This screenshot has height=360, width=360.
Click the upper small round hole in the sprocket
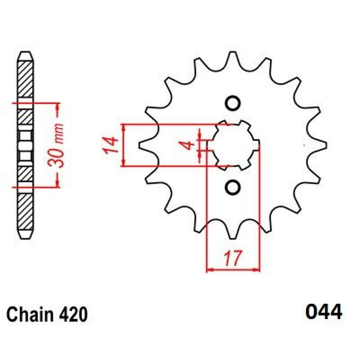pyautogui.click(x=233, y=103)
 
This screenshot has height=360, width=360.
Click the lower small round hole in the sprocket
pyautogui.click(x=233, y=187)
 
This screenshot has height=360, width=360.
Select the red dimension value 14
pyautogui.click(x=110, y=145)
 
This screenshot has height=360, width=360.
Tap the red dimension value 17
pyautogui.click(x=233, y=258)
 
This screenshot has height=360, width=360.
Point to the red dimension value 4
pyautogui.click(x=189, y=145)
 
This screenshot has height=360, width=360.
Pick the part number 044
pyautogui.click(x=324, y=312)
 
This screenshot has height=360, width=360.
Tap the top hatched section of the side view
pyautogui.click(x=25, y=79)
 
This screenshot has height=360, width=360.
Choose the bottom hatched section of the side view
pyautogui.click(x=25, y=211)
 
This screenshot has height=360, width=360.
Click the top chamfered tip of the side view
pyautogui.click(x=25, y=56)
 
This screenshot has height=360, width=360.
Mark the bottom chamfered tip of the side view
pyautogui.click(x=25, y=234)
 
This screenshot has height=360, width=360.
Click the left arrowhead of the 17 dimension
pyautogui.click(x=210, y=270)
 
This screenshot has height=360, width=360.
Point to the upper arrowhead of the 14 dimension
pyautogui.click(x=124, y=128)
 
